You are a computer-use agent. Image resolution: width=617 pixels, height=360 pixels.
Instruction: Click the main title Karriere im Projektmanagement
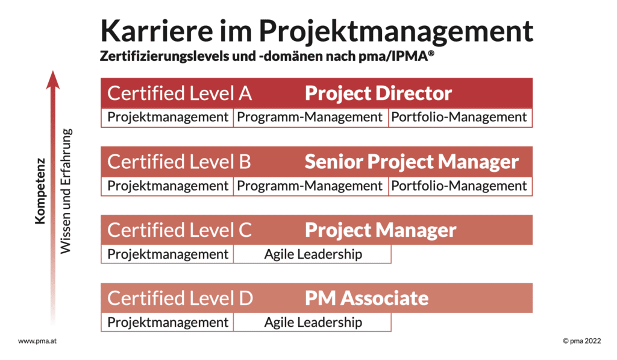click(317, 31)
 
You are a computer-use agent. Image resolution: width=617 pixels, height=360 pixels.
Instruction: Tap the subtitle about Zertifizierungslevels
click(267, 56)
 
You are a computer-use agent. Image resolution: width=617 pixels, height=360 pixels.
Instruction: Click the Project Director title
click(378, 93)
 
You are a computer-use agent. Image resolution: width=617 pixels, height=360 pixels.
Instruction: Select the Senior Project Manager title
click(412, 162)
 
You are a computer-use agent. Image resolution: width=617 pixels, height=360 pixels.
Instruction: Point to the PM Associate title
click(367, 298)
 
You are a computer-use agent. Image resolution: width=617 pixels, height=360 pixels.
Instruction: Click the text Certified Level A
click(180, 93)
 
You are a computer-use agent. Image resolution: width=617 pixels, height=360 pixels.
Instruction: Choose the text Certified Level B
click(179, 162)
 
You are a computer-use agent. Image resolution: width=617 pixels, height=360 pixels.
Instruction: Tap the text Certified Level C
click(180, 230)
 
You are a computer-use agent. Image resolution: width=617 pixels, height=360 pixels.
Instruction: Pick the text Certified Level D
click(180, 298)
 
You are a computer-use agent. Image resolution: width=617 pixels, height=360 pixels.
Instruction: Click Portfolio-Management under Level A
click(459, 117)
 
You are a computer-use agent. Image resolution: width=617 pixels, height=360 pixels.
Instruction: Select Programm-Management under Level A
click(310, 117)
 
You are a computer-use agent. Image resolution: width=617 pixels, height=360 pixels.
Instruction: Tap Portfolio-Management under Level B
click(459, 186)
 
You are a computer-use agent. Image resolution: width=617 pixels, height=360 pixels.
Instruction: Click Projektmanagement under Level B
click(168, 186)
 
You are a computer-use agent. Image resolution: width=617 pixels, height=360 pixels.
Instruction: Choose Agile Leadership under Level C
click(313, 254)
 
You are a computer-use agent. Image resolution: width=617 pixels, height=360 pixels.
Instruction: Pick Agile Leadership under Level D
click(313, 323)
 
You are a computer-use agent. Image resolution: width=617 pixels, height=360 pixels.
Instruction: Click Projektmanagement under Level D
click(168, 323)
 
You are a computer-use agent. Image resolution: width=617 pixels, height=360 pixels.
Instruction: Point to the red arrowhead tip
click(53, 71)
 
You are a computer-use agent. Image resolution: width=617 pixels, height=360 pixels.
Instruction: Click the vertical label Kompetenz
click(40, 191)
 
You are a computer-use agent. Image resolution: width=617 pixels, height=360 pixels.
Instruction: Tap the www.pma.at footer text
click(37, 341)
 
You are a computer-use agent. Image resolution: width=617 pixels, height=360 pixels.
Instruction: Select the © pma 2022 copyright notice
click(582, 341)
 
